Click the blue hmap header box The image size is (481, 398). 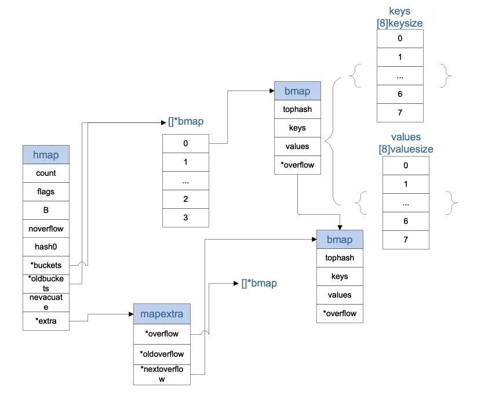pyautogui.click(x=46, y=154)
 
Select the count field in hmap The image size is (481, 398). pyautogui.click(x=46, y=173)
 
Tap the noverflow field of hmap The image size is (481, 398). pyautogui.click(x=46, y=229)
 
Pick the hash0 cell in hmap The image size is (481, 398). pyautogui.click(x=46, y=247)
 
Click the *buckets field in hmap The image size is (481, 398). pyautogui.click(x=46, y=265)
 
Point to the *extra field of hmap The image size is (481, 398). pyautogui.click(x=46, y=321)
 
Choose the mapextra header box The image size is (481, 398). pyautogui.click(x=162, y=314)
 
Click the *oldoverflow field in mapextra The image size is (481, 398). pyautogui.click(x=162, y=354)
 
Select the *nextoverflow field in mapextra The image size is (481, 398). pyautogui.click(x=162, y=375)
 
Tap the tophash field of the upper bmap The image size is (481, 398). pyautogui.click(x=297, y=109)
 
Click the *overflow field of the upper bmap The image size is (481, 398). pyautogui.click(x=297, y=165)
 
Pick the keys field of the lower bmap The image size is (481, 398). pyautogui.click(x=340, y=276)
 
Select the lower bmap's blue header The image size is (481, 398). pyautogui.click(x=340, y=240)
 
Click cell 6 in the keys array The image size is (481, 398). pyautogui.click(x=400, y=95)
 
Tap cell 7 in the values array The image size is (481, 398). pyautogui.click(x=406, y=240)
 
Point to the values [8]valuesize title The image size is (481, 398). pyautogui.click(x=406, y=143)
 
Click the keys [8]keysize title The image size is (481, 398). pyautogui.click(x=400, y=17)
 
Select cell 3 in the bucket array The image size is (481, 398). pyautogui.click(x=185, y=218)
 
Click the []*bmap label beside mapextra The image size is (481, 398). pyautogui.click(x=259, y=283)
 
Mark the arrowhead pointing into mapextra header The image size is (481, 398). pyautogui.click(x=132, y=314)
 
